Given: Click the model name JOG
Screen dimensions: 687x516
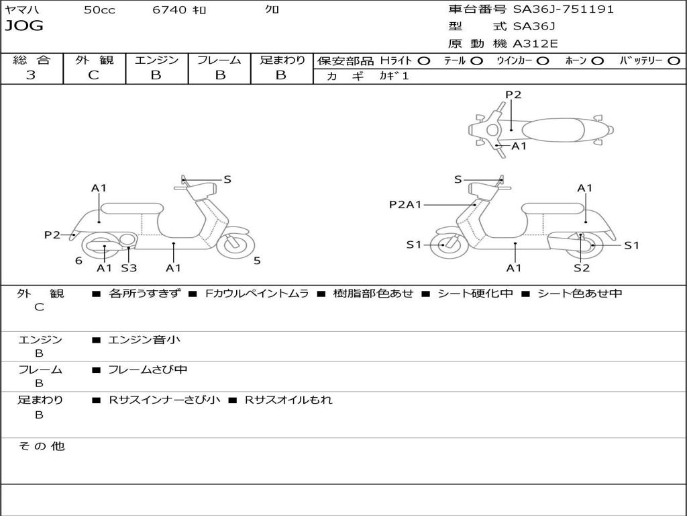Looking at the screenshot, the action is point(24,26).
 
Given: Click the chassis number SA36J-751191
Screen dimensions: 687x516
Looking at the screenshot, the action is point(564,9).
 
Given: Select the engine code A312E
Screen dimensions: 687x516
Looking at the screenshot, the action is point(535,44).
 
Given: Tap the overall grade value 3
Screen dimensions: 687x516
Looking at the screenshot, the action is point(31,75).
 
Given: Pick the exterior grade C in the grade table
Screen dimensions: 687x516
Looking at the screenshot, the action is point(93,75).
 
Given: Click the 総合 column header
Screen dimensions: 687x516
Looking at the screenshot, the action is point(31,60).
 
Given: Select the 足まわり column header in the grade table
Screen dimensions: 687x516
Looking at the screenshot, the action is point(282,60).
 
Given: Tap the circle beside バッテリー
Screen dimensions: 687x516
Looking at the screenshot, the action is point(674,60).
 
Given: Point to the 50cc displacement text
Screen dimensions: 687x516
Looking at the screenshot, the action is point(99,10).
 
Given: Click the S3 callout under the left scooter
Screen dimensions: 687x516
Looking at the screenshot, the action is point(129,268).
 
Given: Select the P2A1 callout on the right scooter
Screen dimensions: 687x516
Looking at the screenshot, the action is point(405,204).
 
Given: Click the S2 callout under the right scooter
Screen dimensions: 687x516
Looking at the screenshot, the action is point(582,268).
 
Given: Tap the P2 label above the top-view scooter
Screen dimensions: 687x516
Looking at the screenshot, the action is point(513,95).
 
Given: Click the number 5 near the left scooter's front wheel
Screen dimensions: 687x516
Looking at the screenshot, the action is point(257,261).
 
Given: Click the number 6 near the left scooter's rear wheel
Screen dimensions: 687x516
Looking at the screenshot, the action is point(78,261).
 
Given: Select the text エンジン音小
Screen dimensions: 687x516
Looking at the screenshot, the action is point(144,340).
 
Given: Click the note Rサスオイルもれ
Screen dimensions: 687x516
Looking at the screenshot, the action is point(287,400).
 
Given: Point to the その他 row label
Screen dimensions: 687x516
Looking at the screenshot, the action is point(42,446).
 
